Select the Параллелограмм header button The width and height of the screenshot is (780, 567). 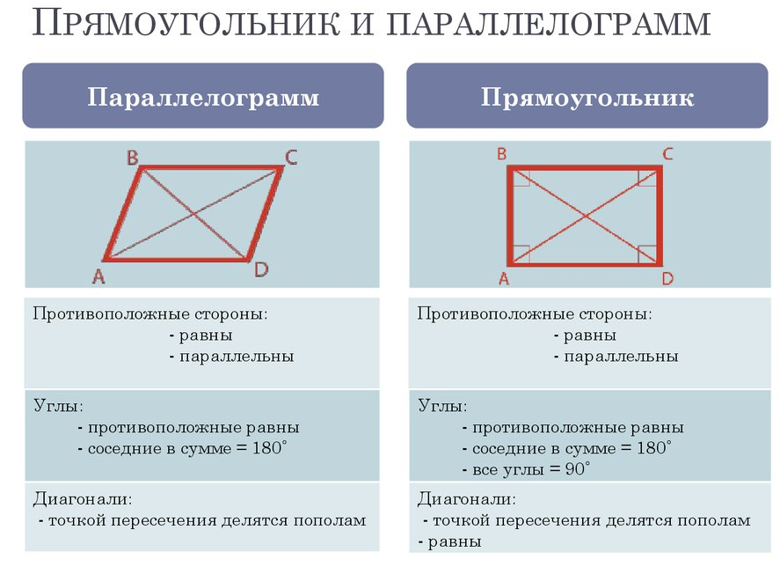pos(203,96)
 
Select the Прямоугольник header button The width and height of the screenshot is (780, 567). pos(587,96)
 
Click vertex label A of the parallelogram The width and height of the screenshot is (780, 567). pos(98,277)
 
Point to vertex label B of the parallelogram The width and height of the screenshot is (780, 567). pos(133,158)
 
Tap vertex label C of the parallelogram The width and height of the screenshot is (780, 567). pos(290,158)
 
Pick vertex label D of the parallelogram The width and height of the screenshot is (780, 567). pos(261,269)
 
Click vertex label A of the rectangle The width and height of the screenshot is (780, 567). pos(504,279)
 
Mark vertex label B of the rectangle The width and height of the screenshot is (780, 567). pos(501,154)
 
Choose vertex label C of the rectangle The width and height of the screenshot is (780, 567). pos(667,154)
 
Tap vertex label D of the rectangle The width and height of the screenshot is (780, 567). pos(667,279)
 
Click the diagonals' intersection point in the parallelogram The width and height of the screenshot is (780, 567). pos(193,214)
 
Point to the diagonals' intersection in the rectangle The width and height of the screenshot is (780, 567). pos(585,215)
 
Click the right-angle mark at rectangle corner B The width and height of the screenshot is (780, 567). pos(519,176)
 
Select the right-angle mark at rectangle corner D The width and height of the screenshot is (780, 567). pos(649,254)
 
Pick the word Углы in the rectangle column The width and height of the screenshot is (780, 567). pos(442,407)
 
